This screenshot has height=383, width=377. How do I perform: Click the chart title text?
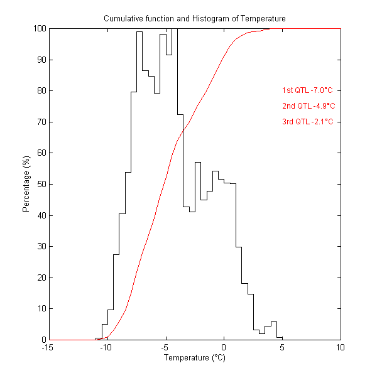[x=194, y=19]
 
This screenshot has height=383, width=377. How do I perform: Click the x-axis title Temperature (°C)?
[x=194, y=358]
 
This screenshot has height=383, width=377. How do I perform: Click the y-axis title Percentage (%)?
[x=26, y=184]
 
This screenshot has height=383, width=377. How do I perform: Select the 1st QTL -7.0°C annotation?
[x=307, y=90]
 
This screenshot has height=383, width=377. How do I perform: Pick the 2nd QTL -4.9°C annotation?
[x=308, y=106]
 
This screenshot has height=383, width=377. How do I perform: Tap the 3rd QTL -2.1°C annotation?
[x=307, y=122]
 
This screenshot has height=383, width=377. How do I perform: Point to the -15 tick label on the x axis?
[x=46, y=347]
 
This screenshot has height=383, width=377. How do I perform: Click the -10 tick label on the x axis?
[x=105, y=347]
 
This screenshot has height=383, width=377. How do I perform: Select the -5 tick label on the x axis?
[x=164, y=347]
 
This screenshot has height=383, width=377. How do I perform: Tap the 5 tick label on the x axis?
[x=282, y=347]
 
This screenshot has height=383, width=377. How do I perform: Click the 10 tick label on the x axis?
[x=341, y=347]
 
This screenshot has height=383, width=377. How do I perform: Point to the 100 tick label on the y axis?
[x=38, y=29]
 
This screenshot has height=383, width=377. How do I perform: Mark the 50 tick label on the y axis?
[x=40, y=184]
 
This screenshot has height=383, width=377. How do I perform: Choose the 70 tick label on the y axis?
[x=40, y=122]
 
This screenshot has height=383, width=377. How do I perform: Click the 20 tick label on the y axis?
[x=40, y=278]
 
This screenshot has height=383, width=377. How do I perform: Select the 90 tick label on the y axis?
[x=40, y=60]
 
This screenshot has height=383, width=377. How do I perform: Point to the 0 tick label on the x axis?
[x=224, y=347]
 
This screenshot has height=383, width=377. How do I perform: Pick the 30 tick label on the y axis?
[x=40, y=246]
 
